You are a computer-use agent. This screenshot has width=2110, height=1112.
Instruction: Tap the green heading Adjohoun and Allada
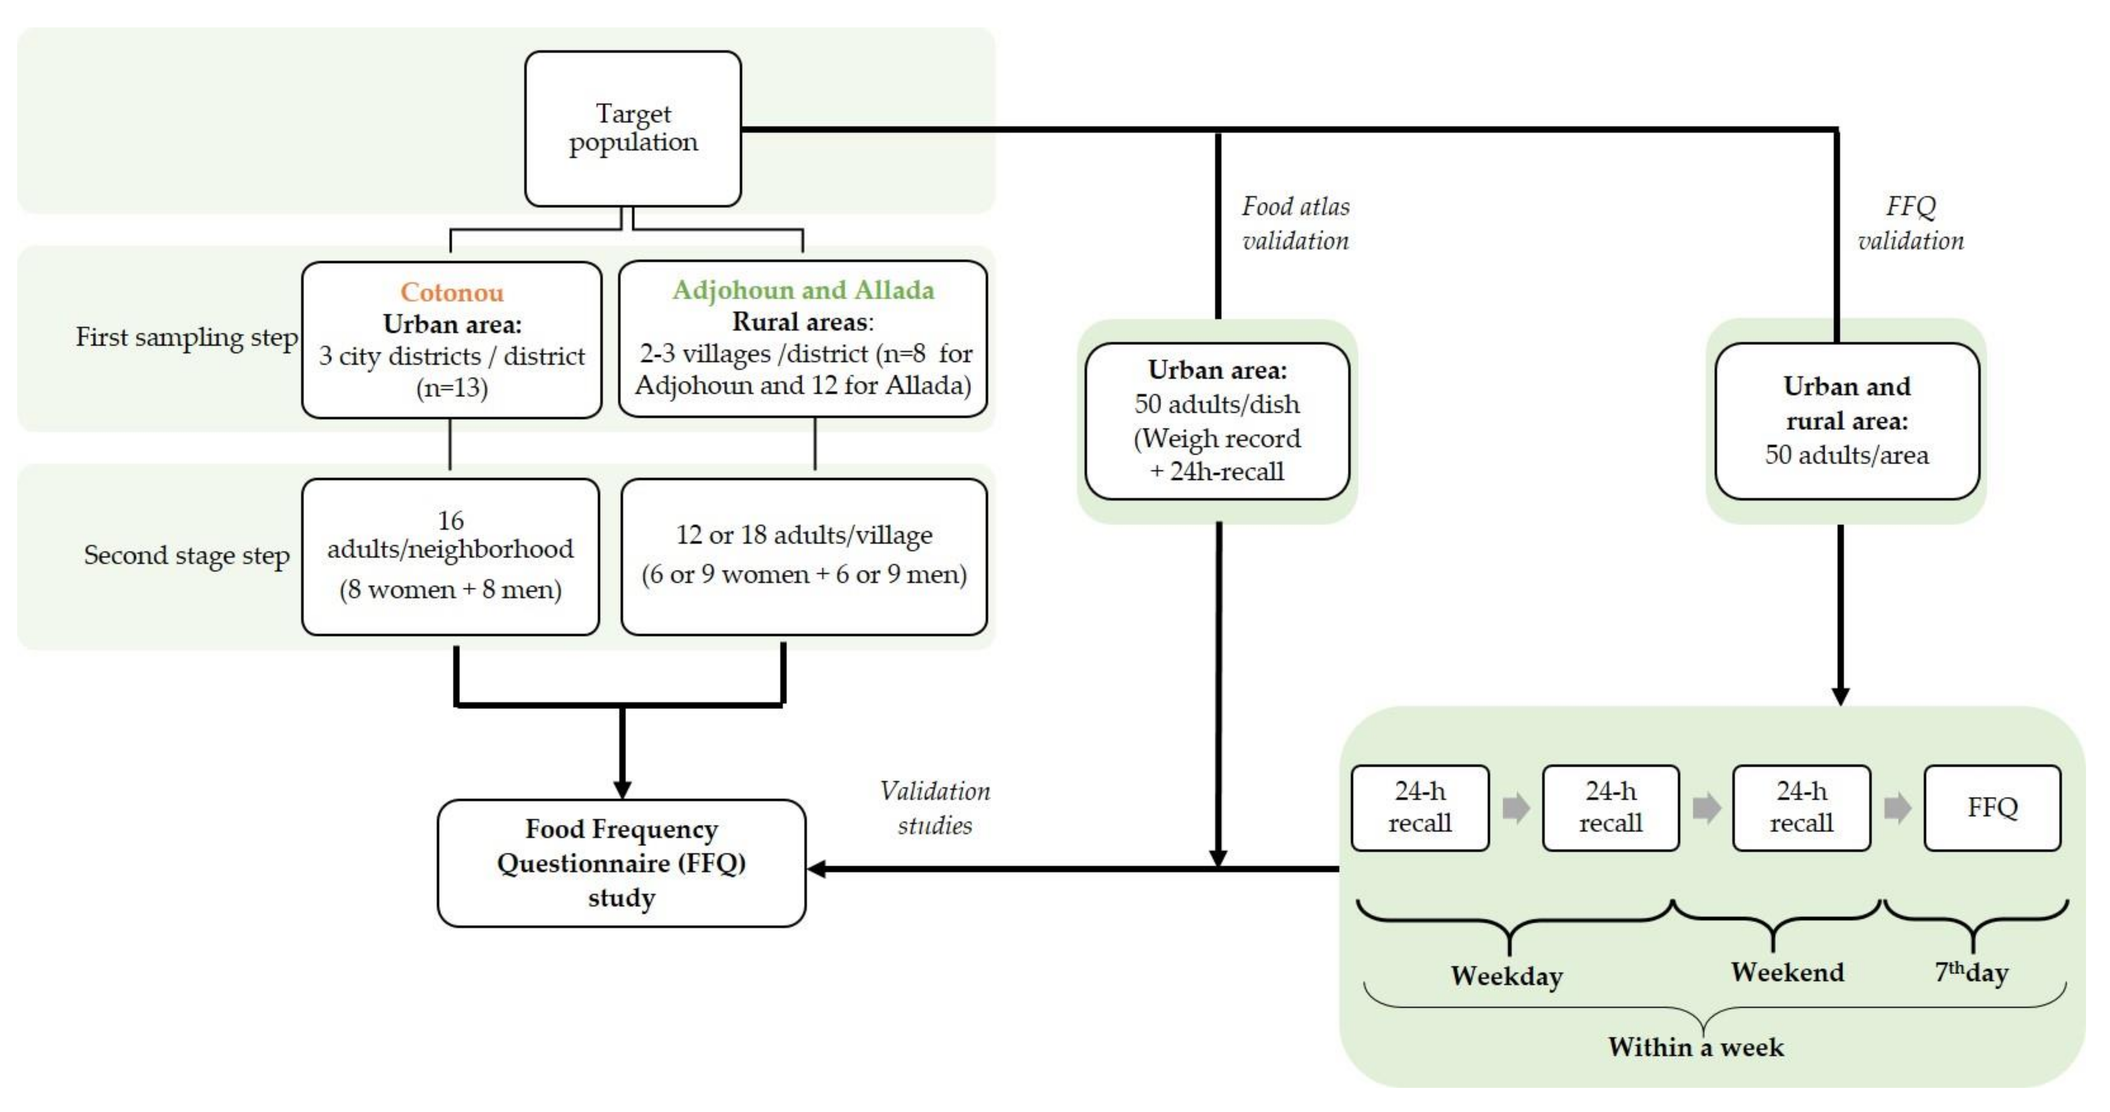tap(803, 290)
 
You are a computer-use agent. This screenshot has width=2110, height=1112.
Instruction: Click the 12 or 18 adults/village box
tap(803, 556)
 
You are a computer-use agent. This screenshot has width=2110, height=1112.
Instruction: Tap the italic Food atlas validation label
tap(1295, 223)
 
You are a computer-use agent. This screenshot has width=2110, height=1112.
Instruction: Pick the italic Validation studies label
tap(935, 808)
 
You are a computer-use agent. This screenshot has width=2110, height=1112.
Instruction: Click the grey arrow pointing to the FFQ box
tap(1897, 808)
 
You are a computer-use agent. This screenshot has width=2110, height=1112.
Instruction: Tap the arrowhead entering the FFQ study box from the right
tap(817, 868)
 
